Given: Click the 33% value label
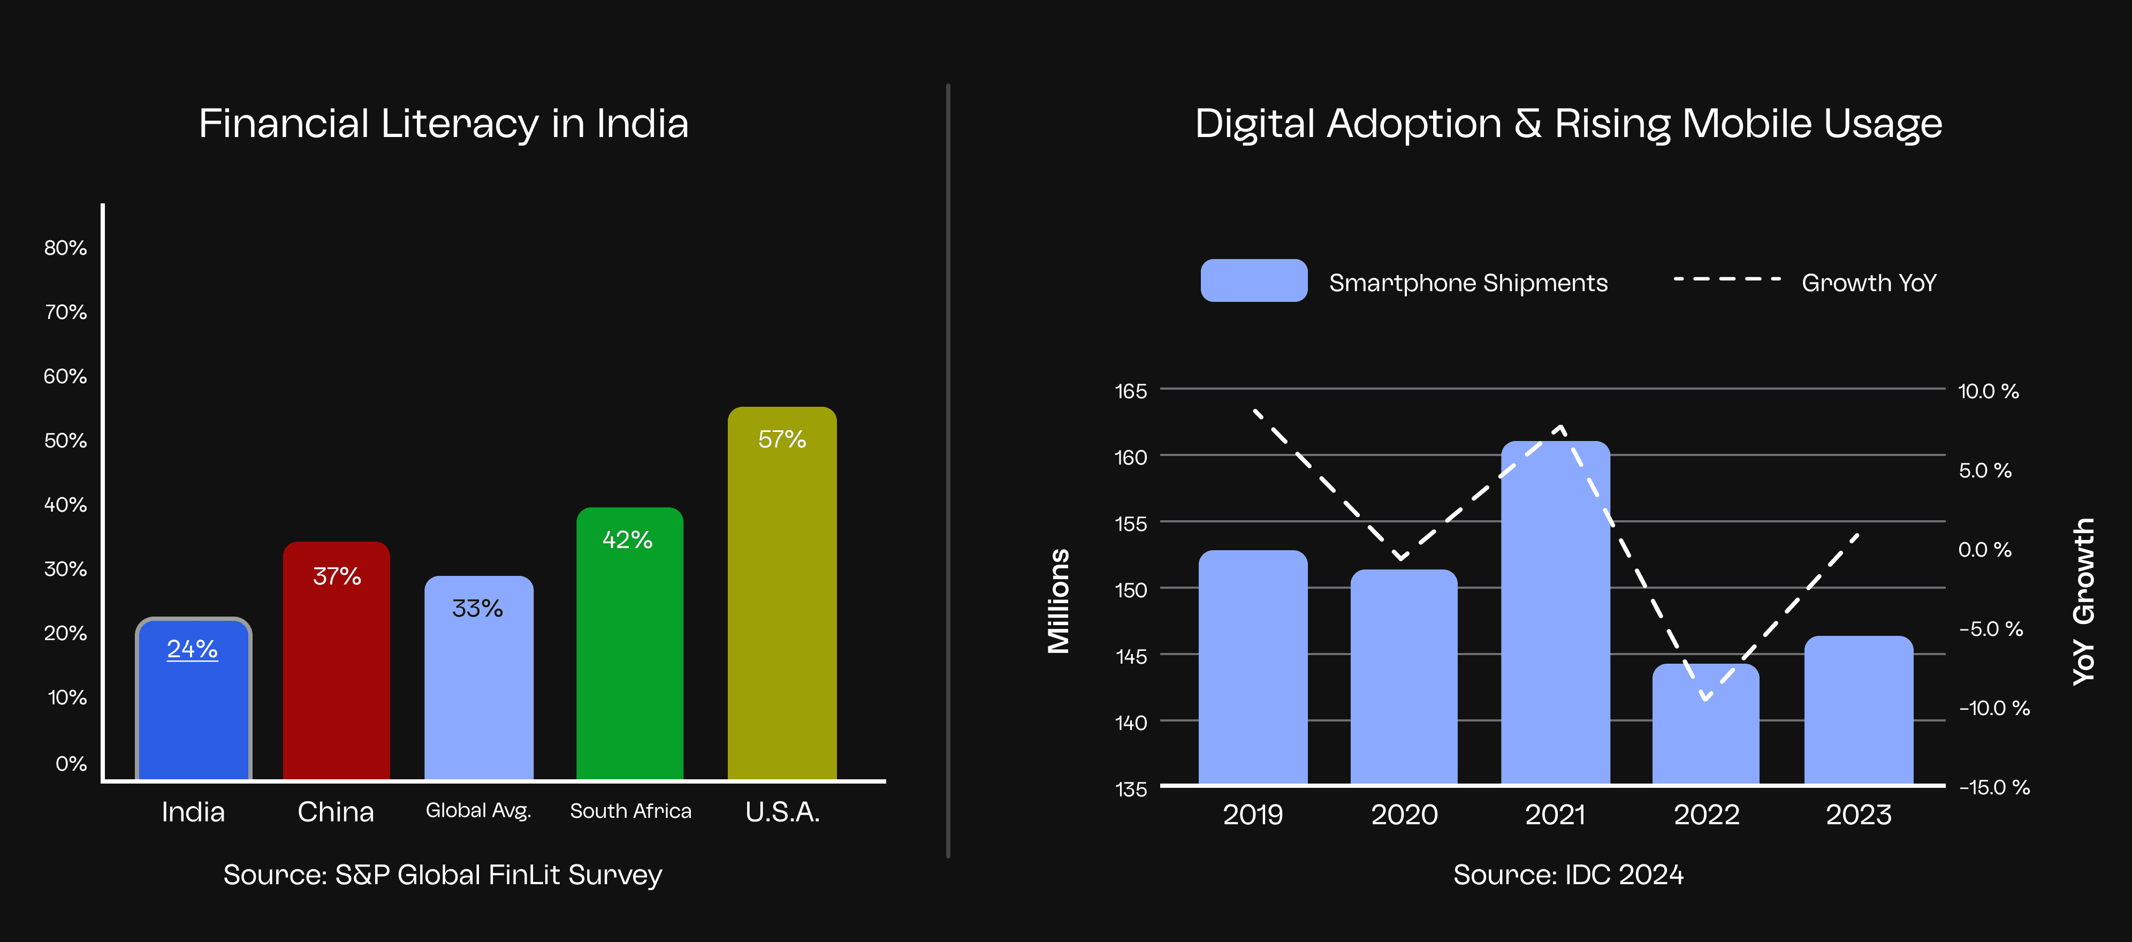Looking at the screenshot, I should pos(477,609).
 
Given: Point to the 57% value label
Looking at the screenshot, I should pos(782,439).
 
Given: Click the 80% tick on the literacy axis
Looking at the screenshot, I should pos(65,247).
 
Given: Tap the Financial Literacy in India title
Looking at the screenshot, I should pos(444,124).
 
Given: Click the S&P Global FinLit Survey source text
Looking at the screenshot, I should pos(443,875).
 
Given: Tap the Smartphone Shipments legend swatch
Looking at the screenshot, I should pos(1254,280).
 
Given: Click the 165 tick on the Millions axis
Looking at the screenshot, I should pos(1131,391).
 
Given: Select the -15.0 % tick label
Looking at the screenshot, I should pos(1994,787).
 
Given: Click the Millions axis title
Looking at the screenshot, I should pos(1059,601).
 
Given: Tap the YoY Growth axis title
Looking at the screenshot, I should pos(2083,601).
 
